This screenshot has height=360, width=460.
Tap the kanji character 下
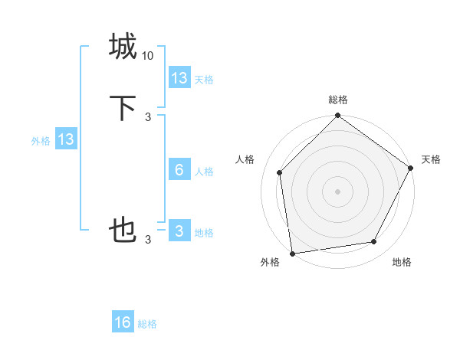click(x=123, y=107)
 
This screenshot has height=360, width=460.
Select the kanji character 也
click(x=123, y=230)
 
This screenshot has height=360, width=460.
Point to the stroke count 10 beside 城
click(x=148, y=56)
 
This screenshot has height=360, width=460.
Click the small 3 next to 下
click(x=148, y=116)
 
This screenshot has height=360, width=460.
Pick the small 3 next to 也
click(x=148, y=240)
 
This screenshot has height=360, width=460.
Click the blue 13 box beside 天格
click(x=179, y=77)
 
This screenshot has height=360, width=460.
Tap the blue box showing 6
click(x=179, y=170)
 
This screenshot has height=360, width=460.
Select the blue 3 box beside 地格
click(x=179, y=231)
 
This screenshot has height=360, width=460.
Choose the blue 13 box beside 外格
click(x=66, y=139)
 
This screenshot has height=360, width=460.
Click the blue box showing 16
click(x=123, y=322)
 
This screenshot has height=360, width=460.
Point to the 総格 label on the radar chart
click(x=338, y=100)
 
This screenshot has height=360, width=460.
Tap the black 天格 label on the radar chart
click(x=431, y=159)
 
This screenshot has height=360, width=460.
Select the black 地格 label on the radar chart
click(x=402, y=263)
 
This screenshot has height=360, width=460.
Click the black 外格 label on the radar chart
click(x=270, y=263)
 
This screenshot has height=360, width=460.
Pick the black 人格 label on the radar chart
click(x=245, y=159)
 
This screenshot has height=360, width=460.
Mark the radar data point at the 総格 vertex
click(x=337, y=116)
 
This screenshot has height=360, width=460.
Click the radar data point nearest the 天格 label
click(x=411, y=168)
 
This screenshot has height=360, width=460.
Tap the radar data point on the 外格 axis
click(x=292, y=253)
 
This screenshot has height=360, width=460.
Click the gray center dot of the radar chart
click(x=337, y=191)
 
